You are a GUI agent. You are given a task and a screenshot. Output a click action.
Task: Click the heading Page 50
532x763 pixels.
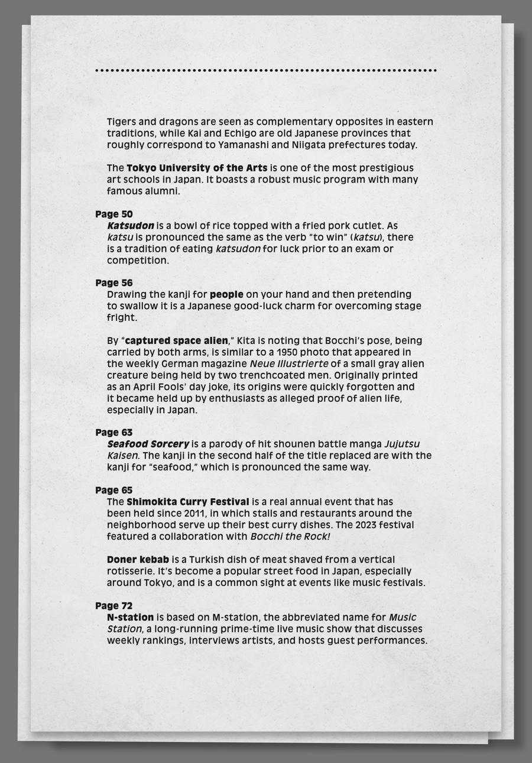click(x=114, y=214)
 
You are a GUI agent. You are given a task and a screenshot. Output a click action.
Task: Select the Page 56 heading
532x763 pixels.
click(x=114, y=283)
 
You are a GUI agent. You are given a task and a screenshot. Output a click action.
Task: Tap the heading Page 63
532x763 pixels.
click(x=114, y=433)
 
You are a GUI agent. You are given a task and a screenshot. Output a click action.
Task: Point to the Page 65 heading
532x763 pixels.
click(x=114, y=490)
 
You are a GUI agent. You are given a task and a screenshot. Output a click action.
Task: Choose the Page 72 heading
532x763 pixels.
click(x=114, y=606)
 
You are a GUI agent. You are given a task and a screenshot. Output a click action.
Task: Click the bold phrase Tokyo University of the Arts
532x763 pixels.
click(x=197, y=168)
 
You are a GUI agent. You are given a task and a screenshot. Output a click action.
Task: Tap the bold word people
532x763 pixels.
click(x=226, y=294)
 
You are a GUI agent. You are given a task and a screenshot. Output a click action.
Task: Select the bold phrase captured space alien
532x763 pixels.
click(x=177, y=340)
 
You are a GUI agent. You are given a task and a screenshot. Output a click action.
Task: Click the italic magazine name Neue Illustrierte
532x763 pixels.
click(x=289, y=363)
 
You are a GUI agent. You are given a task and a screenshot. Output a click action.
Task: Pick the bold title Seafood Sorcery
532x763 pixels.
click(x=148, y=444)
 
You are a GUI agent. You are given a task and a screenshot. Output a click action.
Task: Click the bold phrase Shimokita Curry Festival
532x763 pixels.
click(x=188, y=502)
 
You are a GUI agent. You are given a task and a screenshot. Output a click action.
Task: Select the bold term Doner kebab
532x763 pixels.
click(x=138, y=559)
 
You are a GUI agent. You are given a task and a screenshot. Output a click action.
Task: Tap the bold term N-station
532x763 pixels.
click(x=131, y=618)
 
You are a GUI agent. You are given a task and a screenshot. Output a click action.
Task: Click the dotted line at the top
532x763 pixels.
click(x=266, y=70)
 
